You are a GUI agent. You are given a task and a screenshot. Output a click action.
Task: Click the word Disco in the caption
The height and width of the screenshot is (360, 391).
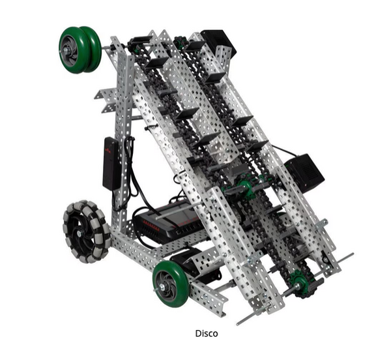[207, 333]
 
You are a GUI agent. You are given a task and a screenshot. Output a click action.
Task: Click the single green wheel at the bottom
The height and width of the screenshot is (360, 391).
[170, 283]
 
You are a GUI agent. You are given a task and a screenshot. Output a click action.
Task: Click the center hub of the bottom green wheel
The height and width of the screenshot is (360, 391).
[167, 285]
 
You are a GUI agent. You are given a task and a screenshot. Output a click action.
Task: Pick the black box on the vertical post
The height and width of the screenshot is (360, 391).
[111, 163]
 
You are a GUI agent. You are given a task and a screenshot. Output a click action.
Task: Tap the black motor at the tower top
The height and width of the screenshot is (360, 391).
[218, 44]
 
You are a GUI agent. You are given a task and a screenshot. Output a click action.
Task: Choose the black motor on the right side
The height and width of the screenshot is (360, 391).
[304, 172]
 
